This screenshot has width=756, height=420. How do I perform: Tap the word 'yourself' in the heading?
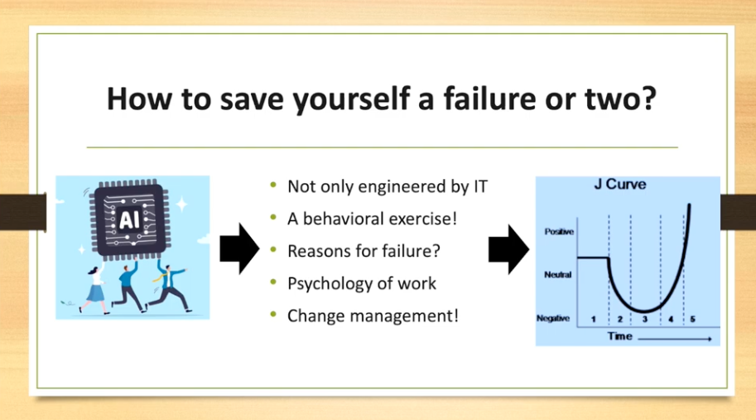point(351,99)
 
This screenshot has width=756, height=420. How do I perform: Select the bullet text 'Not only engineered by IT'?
point(388,186)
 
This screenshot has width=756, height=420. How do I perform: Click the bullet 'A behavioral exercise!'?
point(372,219)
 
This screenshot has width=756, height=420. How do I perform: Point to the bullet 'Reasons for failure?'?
point(364,251)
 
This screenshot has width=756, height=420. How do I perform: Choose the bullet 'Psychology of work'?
point(362,283)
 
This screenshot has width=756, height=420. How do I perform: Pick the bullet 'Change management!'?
point(373,316)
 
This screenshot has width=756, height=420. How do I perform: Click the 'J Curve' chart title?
point(620,184)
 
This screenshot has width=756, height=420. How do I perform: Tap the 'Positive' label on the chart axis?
point(559,231)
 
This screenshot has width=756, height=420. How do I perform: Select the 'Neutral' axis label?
point(558,274)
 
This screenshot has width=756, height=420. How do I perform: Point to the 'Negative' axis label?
point(553,318)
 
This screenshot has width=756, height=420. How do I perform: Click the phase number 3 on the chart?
point(644,319)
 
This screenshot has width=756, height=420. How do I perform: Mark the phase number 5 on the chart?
point(693,319)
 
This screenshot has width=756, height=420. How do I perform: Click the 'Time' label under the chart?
point(620,336)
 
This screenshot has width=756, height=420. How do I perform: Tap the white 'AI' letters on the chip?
point(129,220)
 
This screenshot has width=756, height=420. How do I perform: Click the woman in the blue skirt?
point(95,289)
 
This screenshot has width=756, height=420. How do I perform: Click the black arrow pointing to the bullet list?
point(239,249)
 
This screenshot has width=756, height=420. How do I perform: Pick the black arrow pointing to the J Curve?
point(508,249)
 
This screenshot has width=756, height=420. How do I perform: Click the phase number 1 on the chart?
point(594,319)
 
